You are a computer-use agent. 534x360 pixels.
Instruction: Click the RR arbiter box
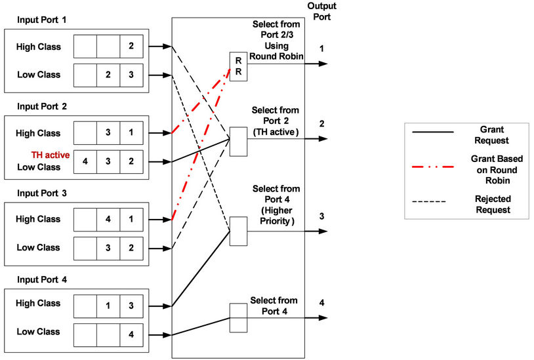237,66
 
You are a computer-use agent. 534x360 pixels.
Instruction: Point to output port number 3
321,216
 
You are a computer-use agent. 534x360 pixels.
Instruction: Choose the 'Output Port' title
321,12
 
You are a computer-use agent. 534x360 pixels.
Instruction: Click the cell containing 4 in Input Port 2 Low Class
85,161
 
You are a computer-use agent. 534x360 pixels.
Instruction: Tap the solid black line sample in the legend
432,132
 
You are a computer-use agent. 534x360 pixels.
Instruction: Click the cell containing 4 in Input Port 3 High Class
108,220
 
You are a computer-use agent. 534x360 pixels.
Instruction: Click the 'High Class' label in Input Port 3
39,219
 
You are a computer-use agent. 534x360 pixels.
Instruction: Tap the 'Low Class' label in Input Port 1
39,75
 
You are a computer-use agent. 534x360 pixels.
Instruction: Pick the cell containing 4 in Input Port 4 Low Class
131,334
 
